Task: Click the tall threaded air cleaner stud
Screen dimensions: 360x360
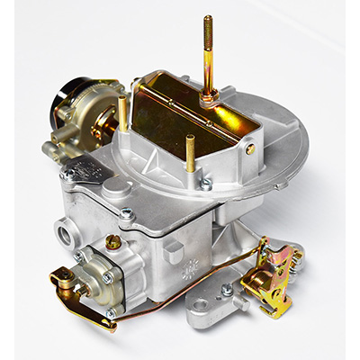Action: [x=208, y=54]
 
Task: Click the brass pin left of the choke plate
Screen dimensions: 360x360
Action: [x=121, y=113]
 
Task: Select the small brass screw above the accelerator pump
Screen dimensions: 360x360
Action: [x=112, y=242]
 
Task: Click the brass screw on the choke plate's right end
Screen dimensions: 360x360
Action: [x=249, y=149]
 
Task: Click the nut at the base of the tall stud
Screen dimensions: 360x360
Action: [x=208, y=101]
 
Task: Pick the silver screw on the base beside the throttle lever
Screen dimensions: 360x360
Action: [x=227, y=290]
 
